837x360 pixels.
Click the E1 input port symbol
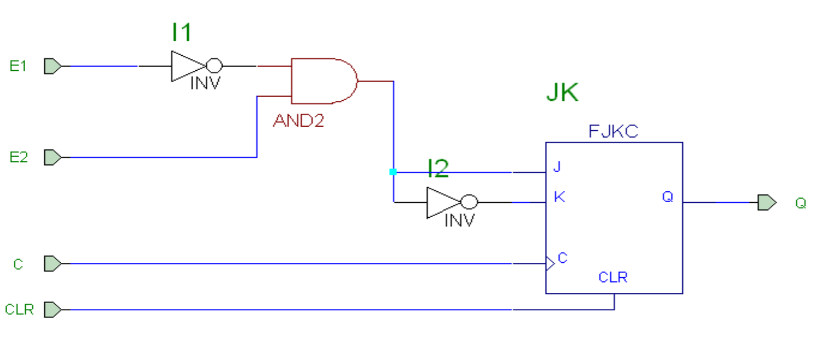[x=53, y=66]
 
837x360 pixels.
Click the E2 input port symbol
[x=53, y=157]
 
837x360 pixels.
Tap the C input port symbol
[x=53, y=263]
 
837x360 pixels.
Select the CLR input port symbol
[x=53, y=310]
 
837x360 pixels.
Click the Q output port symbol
[x=766, y=202]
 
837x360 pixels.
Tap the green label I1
[x=181, y=32]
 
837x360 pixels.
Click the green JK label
[x=562, y=94]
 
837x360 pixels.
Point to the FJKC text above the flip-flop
[x=613, y=132]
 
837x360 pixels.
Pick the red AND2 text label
[x=298, y=121]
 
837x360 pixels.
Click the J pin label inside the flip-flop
[x=557, y=167]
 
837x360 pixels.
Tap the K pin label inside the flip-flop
[x=559, y=197]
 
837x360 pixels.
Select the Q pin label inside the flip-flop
[x=668, y=197]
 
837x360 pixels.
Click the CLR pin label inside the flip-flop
[x=613, y=277]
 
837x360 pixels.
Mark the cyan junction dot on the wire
[x=393, y=172]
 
